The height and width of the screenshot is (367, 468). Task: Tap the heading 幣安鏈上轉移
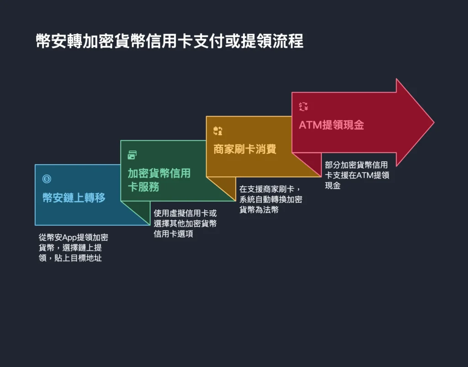74,198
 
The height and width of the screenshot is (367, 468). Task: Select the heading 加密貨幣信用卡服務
159,180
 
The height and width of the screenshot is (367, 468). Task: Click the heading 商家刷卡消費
245,149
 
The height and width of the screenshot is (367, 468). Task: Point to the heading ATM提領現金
331,125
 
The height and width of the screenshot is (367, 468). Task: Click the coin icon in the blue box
47,179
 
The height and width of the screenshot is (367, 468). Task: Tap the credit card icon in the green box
132,155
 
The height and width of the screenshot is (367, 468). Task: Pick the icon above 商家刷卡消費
218,131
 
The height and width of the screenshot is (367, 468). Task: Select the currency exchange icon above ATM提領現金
303,107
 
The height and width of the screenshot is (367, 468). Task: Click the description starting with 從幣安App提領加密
74,248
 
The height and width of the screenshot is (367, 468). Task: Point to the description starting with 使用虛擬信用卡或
185,223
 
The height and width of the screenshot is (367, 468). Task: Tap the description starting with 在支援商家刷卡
271,199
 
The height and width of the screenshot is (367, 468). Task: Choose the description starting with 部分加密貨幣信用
356,175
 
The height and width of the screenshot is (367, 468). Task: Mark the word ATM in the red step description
364,176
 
